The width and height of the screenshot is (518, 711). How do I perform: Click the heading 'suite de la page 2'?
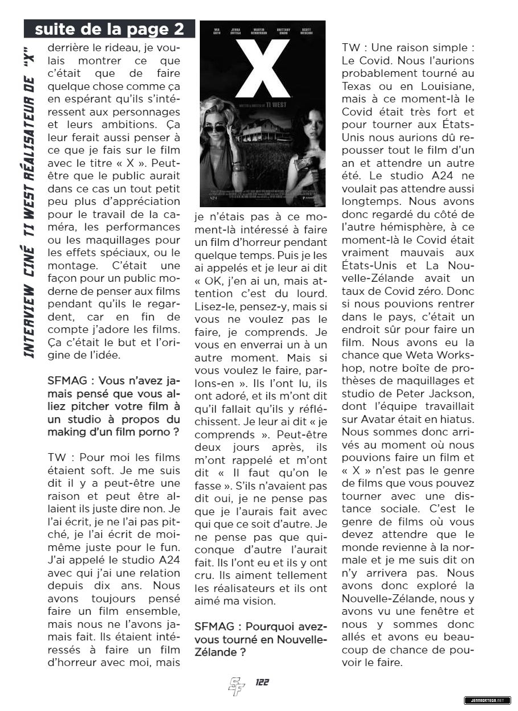click(109, 29)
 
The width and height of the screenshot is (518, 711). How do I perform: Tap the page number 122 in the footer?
click(262, 683)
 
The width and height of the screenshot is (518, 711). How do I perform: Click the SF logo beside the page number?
click(236, 686)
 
